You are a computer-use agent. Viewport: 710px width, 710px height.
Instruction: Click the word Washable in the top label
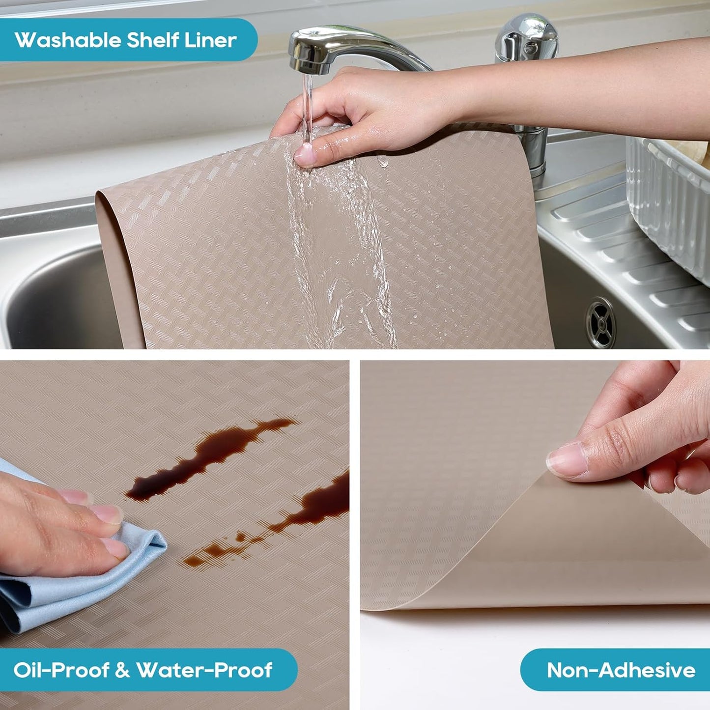coord(68,40)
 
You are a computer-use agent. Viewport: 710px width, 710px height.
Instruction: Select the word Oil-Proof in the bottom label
coord(61,670)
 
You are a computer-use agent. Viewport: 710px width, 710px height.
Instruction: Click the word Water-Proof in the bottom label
coord(204,670)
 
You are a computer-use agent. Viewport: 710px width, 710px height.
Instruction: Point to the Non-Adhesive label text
coord(621,670)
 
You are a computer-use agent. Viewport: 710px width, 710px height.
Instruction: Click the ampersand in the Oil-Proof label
coord(122,670)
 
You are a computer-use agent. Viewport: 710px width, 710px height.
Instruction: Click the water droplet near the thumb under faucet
coord(383,161)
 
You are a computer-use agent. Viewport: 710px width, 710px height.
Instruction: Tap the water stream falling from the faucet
coord(308,103)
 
